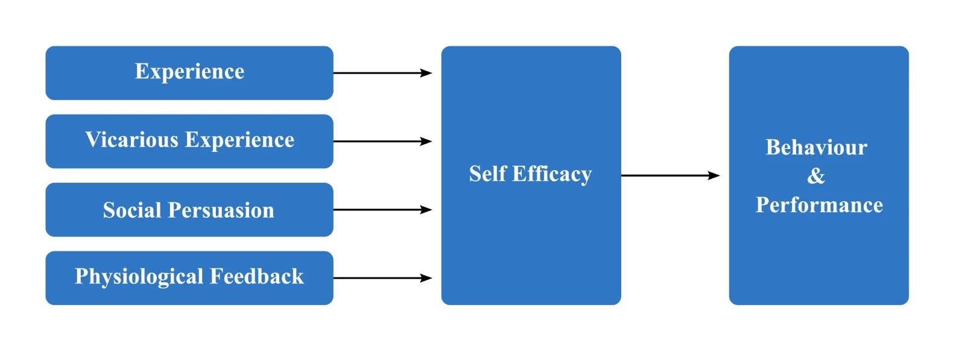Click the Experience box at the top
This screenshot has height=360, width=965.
click(x=189, y=73)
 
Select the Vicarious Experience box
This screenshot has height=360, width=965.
click(x=189, y=141)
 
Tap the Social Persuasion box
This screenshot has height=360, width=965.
click(x=189, y=210)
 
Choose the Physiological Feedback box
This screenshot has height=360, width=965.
click(x=189, y=278)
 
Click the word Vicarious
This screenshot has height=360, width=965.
click(x=132, y=140)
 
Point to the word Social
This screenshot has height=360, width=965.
click(x=132, y=210)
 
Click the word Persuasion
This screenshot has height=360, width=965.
click(x=221, y=210)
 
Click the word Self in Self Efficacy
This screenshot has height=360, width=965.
click(x=488, y=174)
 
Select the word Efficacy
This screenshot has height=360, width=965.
click(x=552, y=174)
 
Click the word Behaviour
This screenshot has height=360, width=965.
click(x=817, y=147)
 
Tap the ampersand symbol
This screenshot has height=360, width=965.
click(x=816, y=176)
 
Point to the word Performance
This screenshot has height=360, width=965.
click(x=819, y=205)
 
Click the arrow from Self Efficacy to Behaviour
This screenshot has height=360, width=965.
click(x=669, y=175)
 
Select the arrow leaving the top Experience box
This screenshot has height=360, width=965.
click(x=382, y=73)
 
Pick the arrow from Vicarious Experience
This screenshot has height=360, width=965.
click(x=382, y=141)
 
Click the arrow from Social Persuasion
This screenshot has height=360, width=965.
click(x=382, y=210)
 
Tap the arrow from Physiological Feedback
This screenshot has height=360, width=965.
click(x=382, y=278)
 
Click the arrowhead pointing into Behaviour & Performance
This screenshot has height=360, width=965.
click(x=714, y=175)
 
